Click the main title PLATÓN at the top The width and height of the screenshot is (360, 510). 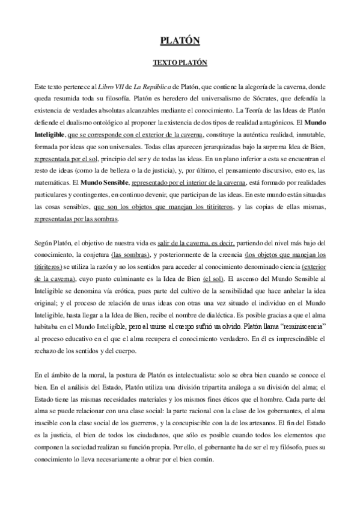[x=180, y=41]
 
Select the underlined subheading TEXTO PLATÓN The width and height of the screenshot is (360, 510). [x=180, y=63]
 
